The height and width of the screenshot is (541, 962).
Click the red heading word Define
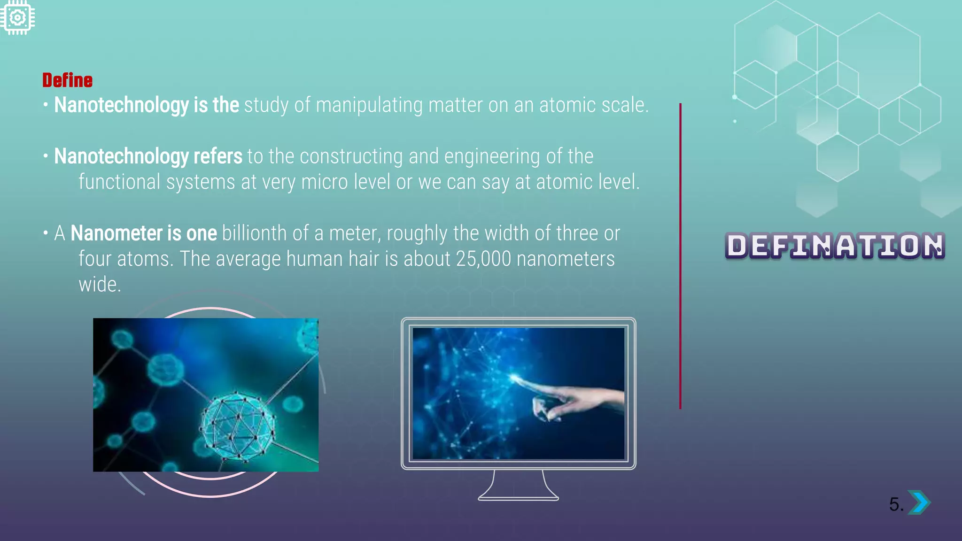[67, 80]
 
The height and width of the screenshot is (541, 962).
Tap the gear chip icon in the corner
[17, 18]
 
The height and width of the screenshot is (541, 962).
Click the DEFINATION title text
[834, 246]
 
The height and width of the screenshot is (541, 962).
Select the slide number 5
[895, 504]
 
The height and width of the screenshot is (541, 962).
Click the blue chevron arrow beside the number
[919, 502]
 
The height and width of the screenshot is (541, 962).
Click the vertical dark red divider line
[680, 256]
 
